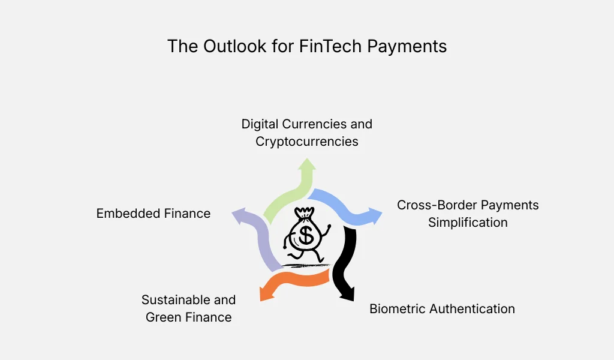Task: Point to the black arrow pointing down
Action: click(x=347, y=264)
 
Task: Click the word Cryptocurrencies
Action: click(x=307, y=142)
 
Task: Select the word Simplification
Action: click(x=468, y=223)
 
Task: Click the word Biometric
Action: click(x=398, y=309)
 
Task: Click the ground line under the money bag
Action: click(x=306, y=265)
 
